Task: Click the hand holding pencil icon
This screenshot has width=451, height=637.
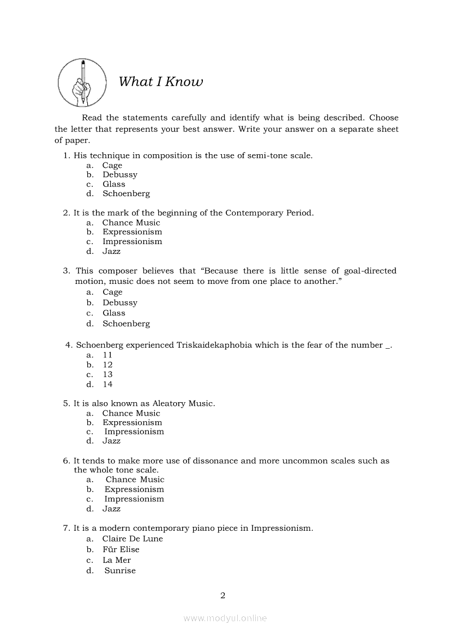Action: pyautogui.click(x=82, y=82)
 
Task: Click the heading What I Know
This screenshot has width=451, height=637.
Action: pyautogui.click(x=160, y=82)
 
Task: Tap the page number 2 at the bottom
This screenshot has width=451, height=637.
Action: pyautogui.click(x=223, y=595)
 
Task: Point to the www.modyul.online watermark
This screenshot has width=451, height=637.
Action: pyautogui.click(x=225, y=618)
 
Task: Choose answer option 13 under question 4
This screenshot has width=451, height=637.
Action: pyautogui.click(x=107, y=374)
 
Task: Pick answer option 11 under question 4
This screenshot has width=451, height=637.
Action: pyautogui.click(x=107, y=355)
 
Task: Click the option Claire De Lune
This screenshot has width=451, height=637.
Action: pyautogui.click(x=133, y=539)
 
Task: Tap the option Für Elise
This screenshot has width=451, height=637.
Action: pyautogui.click(x=121, y=549)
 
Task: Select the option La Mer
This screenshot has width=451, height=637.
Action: pyautogui.click(x=117, y=560)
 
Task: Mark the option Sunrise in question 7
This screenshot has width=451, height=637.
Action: pyautogui.click(x=120, y=571)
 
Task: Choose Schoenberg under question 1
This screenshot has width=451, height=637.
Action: pyautogui.click(x=126, y=193)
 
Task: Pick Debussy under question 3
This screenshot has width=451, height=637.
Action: pyautogui.click(x=120, y=302)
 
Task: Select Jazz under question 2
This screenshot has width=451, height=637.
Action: pyautogui.click(x=111, y=251)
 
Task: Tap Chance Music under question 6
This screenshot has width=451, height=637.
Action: pyautogui.click(x=135, y=480)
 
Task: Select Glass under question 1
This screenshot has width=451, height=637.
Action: pyautogui.click(x=114, y=184)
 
